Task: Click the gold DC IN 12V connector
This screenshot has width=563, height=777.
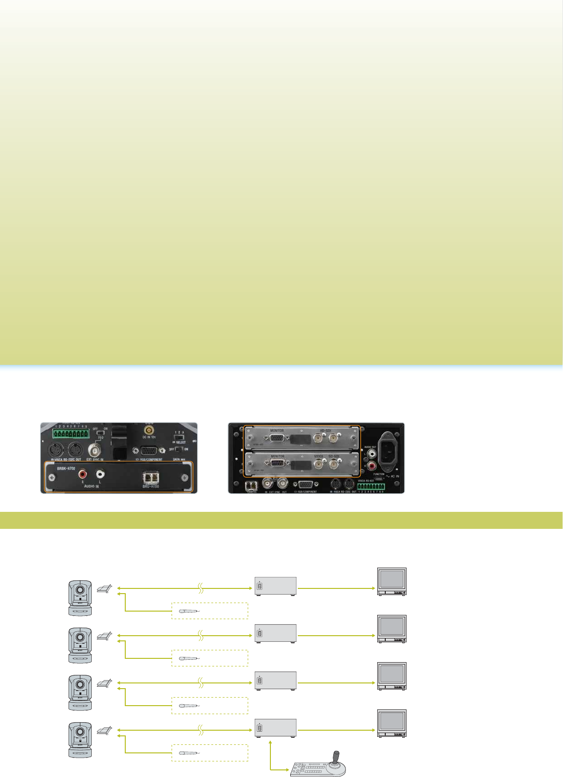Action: (148, 431)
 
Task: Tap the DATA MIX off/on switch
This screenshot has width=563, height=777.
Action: (179, 449)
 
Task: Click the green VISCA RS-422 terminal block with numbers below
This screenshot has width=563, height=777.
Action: (371, 486)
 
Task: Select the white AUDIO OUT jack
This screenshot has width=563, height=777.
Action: (372, 452)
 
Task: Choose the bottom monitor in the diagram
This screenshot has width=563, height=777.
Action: (392, 723)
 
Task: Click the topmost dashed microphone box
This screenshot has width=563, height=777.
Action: (209, 611)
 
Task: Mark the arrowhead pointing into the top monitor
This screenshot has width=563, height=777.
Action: (373, 589)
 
